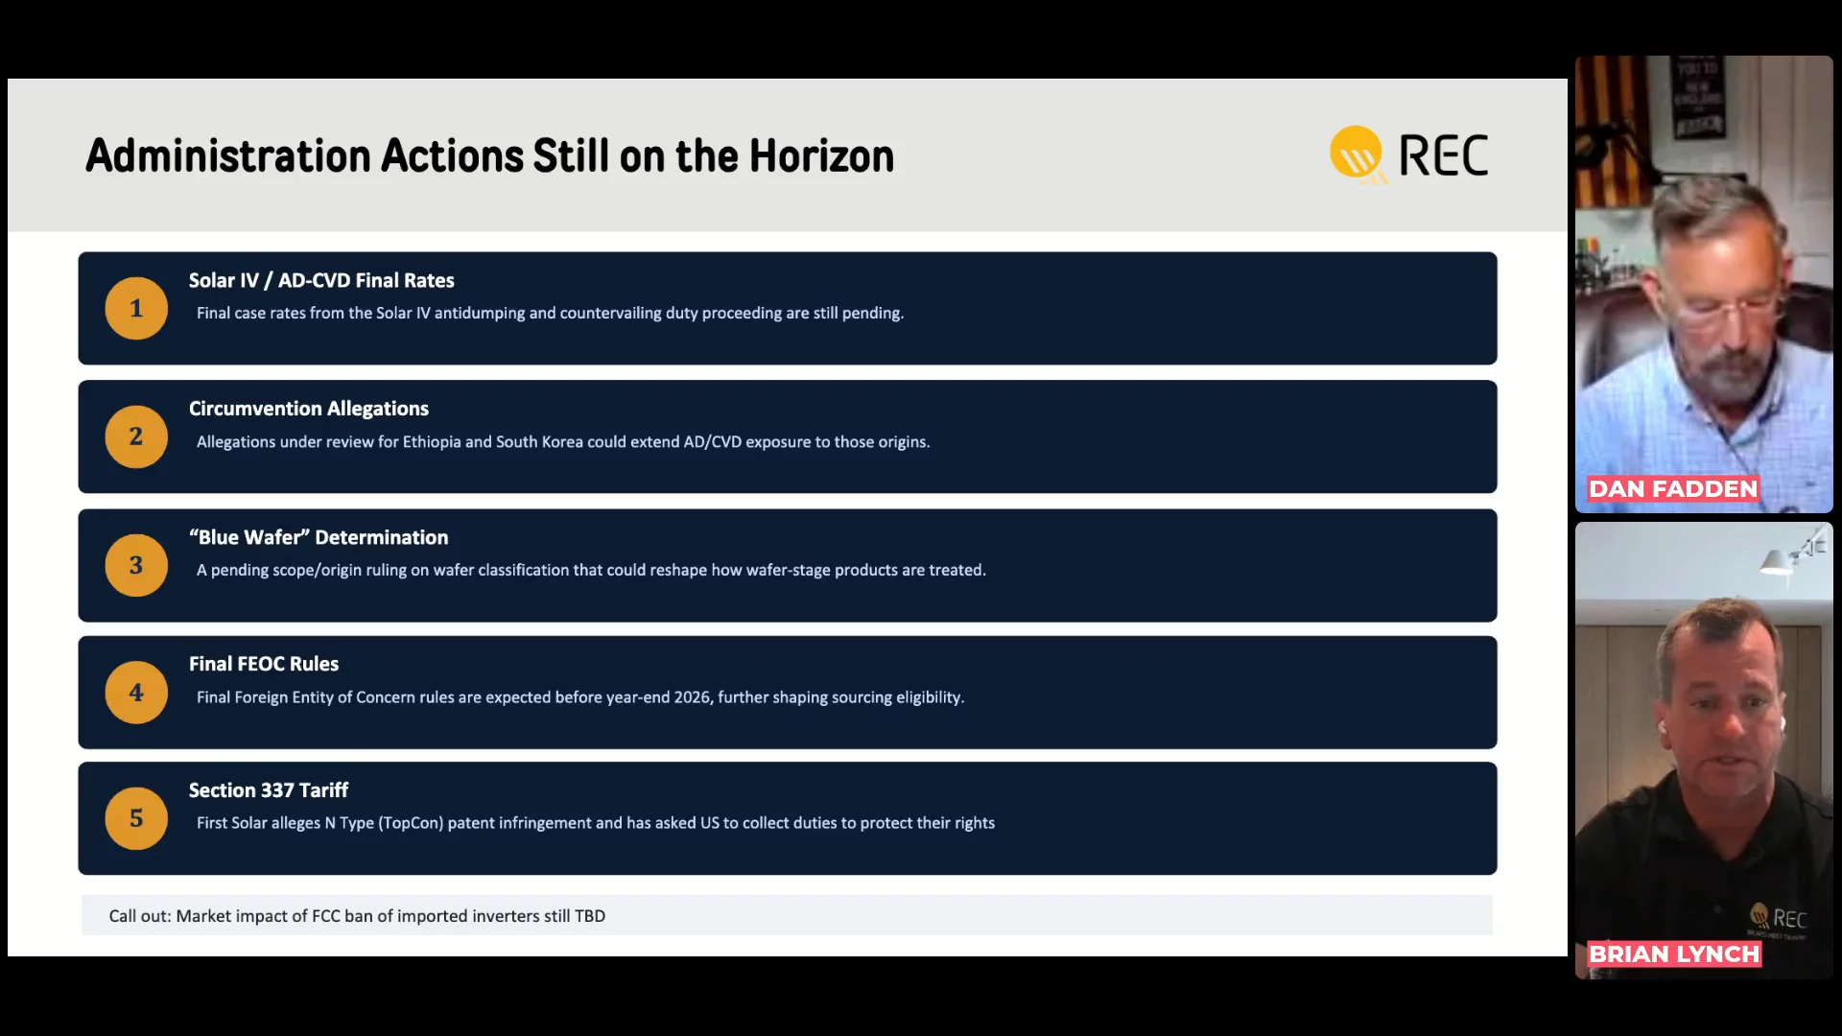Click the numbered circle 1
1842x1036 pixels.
click(x=136, y=308)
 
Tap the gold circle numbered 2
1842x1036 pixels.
click(x=136, y=436)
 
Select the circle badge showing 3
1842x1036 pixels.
click(x=136, y=565)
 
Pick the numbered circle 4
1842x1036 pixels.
click(x=136, y=692)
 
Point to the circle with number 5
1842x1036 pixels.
click(x=136, y=818)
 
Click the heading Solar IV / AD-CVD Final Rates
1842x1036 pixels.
click(x=321, y=280)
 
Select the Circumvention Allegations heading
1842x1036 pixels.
click(x=309, y=409)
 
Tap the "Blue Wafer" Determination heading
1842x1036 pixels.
click(x=319, y=537)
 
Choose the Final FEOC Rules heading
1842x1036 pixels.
click(x=264, y=664)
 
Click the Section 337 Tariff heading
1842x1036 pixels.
click(x=269, y=790)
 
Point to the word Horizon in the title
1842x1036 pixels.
click(x=821, y=155)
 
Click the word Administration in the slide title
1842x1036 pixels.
click(x=228, y=155)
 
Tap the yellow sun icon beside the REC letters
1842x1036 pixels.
click(x=1357, y=153)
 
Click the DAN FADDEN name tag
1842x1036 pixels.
click(x=1673, y=489)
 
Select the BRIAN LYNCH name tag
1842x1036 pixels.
click(x=1674, y=954)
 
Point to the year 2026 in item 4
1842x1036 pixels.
click(x=692, y=697)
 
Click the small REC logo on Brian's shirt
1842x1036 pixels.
click(x=1779, y=918)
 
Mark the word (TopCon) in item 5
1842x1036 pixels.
click(x=411, y=823)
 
